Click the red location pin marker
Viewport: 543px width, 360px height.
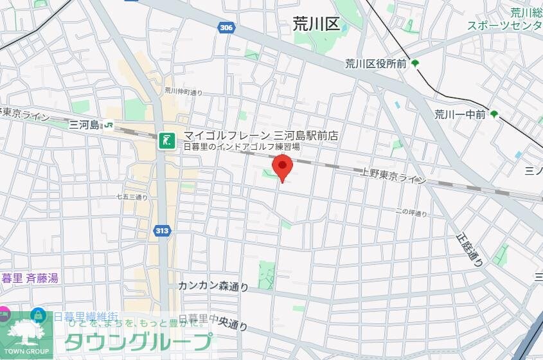pos(282,167)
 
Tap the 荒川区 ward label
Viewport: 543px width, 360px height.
pos(315,24)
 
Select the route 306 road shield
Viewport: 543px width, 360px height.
pos(226,28)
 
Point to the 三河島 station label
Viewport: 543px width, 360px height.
pos(85,125)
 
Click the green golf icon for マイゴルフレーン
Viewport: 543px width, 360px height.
pos(167,140)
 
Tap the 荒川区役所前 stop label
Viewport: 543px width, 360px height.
pos(376,63)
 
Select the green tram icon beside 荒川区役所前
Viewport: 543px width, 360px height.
pos(415,63)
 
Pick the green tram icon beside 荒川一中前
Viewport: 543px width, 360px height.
pos(494,114)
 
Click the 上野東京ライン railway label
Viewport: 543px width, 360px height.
pos(393,175)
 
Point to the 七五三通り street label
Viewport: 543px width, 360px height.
pos(132,197)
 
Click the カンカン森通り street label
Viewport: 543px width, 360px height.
pos(213,286)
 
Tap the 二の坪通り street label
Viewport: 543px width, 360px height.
pos(411,213)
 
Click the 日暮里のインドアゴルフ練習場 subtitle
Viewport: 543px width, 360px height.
pos(242,147)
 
